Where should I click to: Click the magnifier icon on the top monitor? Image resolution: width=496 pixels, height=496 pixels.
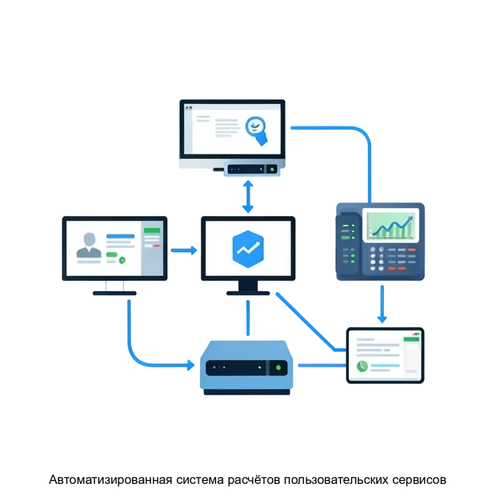[x=255, y=127]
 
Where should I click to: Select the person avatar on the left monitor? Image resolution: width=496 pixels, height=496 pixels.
[x=89, y=245]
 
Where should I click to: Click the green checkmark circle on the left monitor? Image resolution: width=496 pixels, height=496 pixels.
[x=122, y=259]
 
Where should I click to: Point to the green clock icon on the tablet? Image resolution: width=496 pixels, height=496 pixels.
[x=362, y=366]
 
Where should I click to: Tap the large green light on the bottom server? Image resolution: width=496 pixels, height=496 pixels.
[x=278, y=367]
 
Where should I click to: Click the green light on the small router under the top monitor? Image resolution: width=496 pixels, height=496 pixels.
[x=271, y=169]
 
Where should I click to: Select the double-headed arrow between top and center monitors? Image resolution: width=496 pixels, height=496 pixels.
[x=248, y=196]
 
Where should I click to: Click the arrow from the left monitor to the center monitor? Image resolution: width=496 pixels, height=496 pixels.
[x=184, y=250]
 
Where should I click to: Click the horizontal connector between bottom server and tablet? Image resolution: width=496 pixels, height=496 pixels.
[x=321, y=365]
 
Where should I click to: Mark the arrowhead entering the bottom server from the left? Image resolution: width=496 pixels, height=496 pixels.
[x=190, y=364]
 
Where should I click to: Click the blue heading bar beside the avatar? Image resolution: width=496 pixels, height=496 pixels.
[x=120, y=236]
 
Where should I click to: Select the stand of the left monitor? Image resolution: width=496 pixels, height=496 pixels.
[x=114, y=288]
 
